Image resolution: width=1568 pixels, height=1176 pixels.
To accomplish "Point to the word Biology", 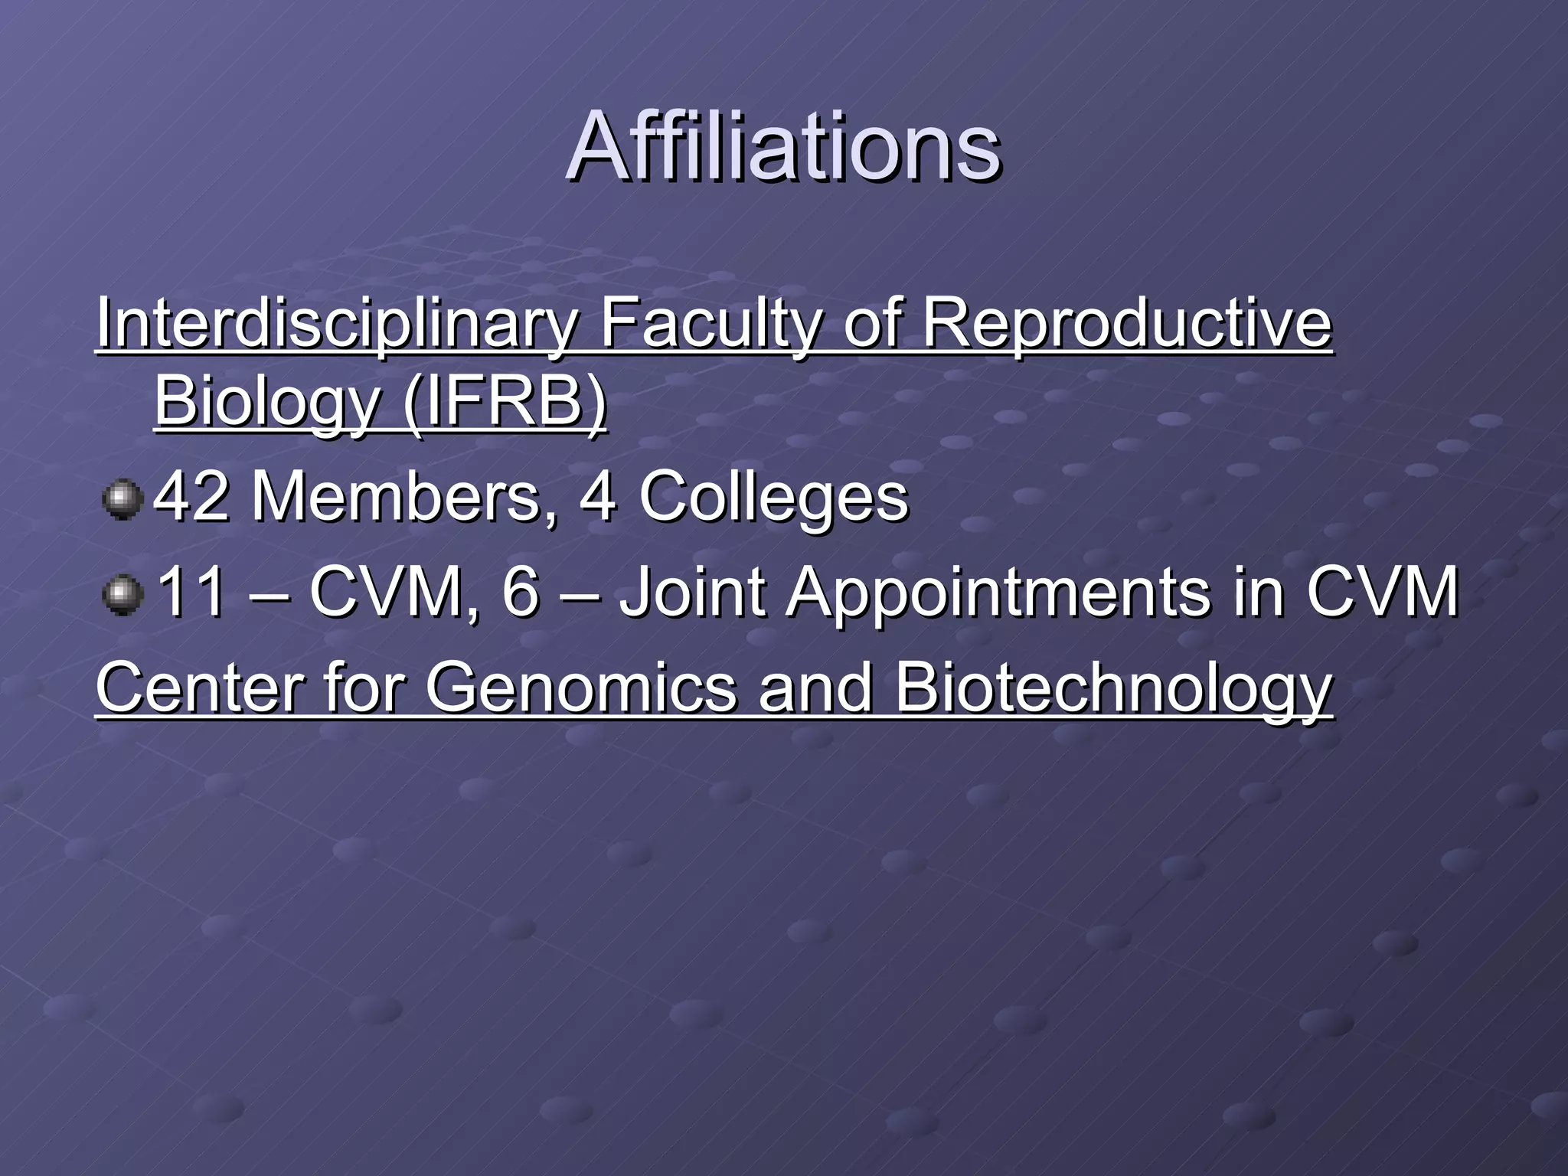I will pos(267,403).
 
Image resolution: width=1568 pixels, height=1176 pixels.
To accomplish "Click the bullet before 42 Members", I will pos(122,500).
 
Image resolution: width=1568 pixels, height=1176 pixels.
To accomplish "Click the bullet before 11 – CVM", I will pos(122,596).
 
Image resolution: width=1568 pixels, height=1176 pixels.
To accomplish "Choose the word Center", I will pos(198,688).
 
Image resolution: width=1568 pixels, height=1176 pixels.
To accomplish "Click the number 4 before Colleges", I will pos(598,497).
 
